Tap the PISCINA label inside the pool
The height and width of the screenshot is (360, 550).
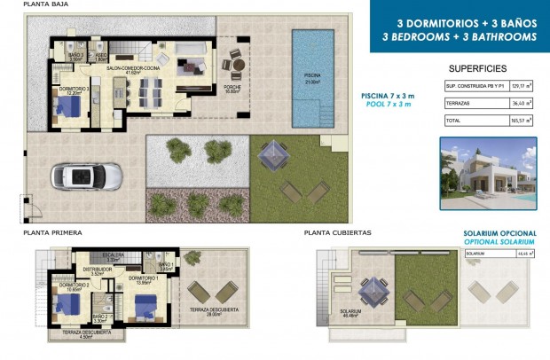pos(312,76)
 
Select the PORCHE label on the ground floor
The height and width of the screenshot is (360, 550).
pos(233,88)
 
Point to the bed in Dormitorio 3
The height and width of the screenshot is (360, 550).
pos(66,110)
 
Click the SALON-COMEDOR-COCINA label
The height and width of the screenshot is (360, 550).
pos(135,68)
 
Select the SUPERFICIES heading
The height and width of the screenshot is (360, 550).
pos(477,67)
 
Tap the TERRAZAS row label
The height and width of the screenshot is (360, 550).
pos(459,103)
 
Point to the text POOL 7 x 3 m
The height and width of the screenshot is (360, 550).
pos(389,105)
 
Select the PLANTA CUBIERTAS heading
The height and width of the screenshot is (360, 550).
pos(337,233)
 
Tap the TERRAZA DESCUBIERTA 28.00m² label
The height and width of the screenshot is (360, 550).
pos(209,311)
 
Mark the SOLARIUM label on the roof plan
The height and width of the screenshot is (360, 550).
pos(350,312)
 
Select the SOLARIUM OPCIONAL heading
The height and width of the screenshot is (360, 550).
pos(499,234)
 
